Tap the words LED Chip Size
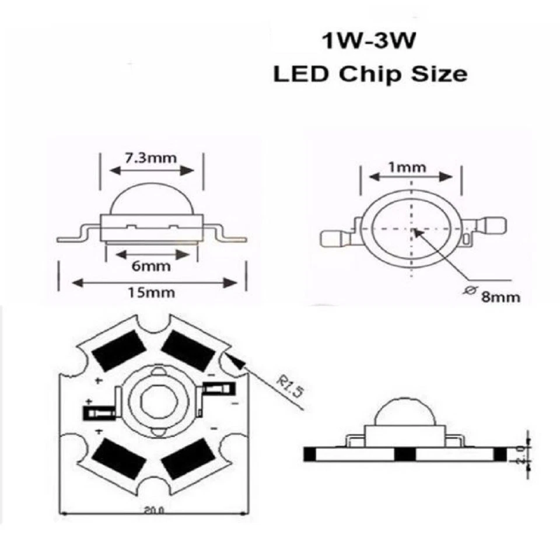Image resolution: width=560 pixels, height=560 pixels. click(370, 75)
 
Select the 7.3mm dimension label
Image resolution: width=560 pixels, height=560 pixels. click(151, 157)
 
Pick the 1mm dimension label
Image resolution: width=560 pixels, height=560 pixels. click(407, 167)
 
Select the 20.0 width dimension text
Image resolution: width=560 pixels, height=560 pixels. click(153, 510)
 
